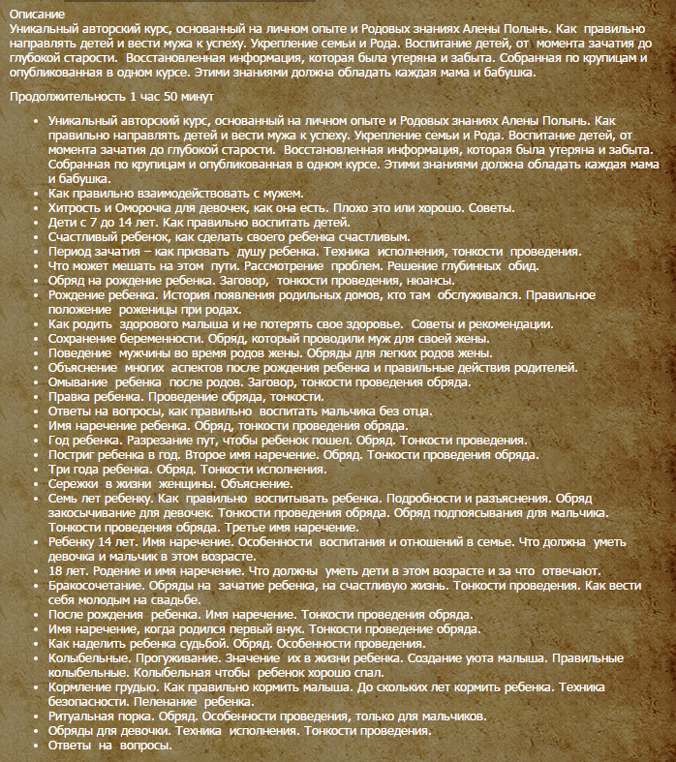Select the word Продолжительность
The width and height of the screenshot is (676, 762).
(x=63, y=98)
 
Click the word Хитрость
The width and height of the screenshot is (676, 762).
(x=77, y=208)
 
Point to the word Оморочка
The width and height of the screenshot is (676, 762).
(x=144, y=208)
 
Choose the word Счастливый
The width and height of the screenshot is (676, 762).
(x=87, y=237)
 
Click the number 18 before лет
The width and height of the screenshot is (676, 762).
(x=56, y=570)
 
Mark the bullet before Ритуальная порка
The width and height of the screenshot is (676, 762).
(x=36, y=716)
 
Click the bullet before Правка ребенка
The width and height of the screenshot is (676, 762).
(x=36, y=397)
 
